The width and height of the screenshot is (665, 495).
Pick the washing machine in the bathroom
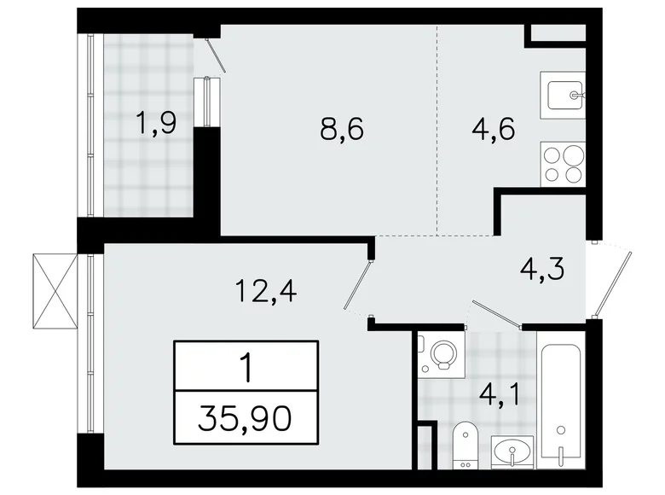tap(441, 356)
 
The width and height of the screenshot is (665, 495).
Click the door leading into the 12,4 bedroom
tap(359, 286)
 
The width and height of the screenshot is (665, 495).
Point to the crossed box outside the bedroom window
tap(54, 291)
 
